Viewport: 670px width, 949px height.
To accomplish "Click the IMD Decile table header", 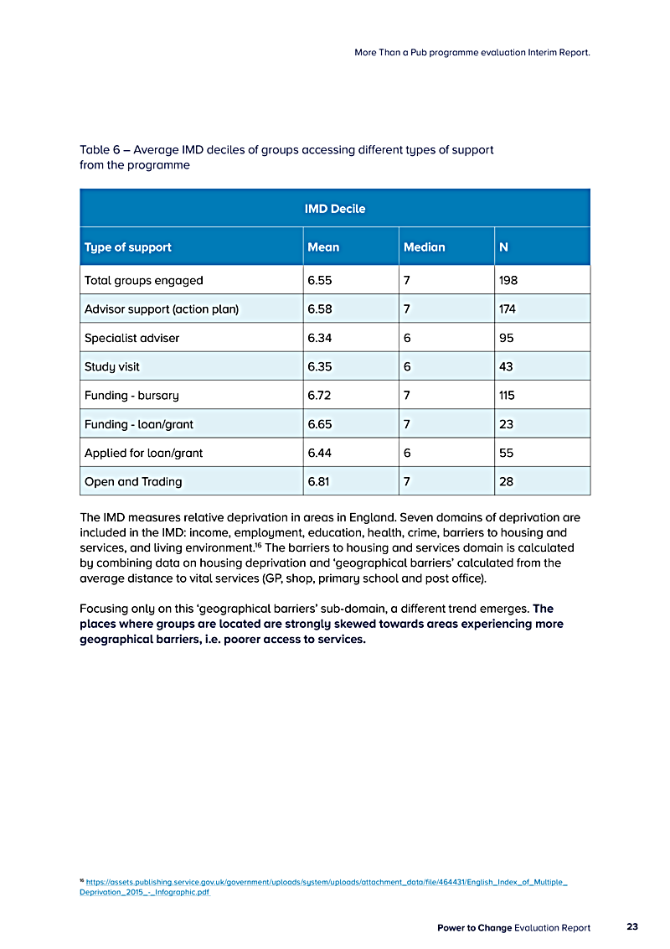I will click(x=335, y=208).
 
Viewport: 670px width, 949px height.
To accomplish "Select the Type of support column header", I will click(x=127, y=247).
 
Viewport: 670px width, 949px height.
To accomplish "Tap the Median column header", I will click(x=425, y=247).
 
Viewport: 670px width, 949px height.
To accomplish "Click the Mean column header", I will click(x=323, y=247).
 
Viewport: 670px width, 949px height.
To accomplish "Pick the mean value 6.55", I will click(x=321, y=280).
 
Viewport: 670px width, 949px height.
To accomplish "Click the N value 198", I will click(x=508, y=280).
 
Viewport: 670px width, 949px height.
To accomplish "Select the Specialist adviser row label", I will click(x=131, y=338).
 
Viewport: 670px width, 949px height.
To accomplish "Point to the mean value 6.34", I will click(x=321, y=338).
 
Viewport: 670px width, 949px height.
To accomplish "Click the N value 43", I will click(x=506, y=366).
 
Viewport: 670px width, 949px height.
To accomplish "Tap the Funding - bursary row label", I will click(x=131, y=395).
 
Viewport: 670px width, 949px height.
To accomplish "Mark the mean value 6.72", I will click(x=321, y=395).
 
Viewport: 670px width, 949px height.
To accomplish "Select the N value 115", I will click(x=507, y=395).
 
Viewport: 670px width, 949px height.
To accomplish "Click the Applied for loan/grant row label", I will click(x=143, y=453).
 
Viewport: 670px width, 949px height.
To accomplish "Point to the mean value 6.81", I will click(x=321, y=481).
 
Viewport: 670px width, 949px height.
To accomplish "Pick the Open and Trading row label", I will click(x=133, y=481).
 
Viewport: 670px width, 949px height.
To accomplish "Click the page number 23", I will click(x=632, y=927).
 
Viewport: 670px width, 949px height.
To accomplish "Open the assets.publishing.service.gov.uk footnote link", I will click(x=327, y=883).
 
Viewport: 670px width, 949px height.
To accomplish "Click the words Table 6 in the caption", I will click(x=100, y=150).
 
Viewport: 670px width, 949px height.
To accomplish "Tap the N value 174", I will click(x=507, y=309).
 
